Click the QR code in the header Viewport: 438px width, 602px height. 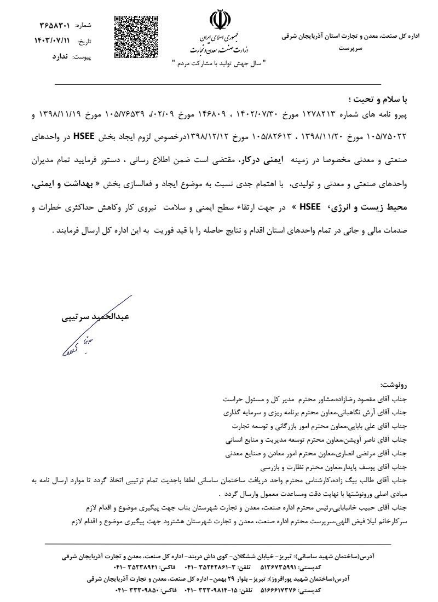point(136,37)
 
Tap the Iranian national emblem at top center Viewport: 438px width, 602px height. point(217,21)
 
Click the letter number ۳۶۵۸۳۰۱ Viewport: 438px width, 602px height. point(55,25)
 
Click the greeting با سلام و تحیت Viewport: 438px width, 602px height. point(378,100)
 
